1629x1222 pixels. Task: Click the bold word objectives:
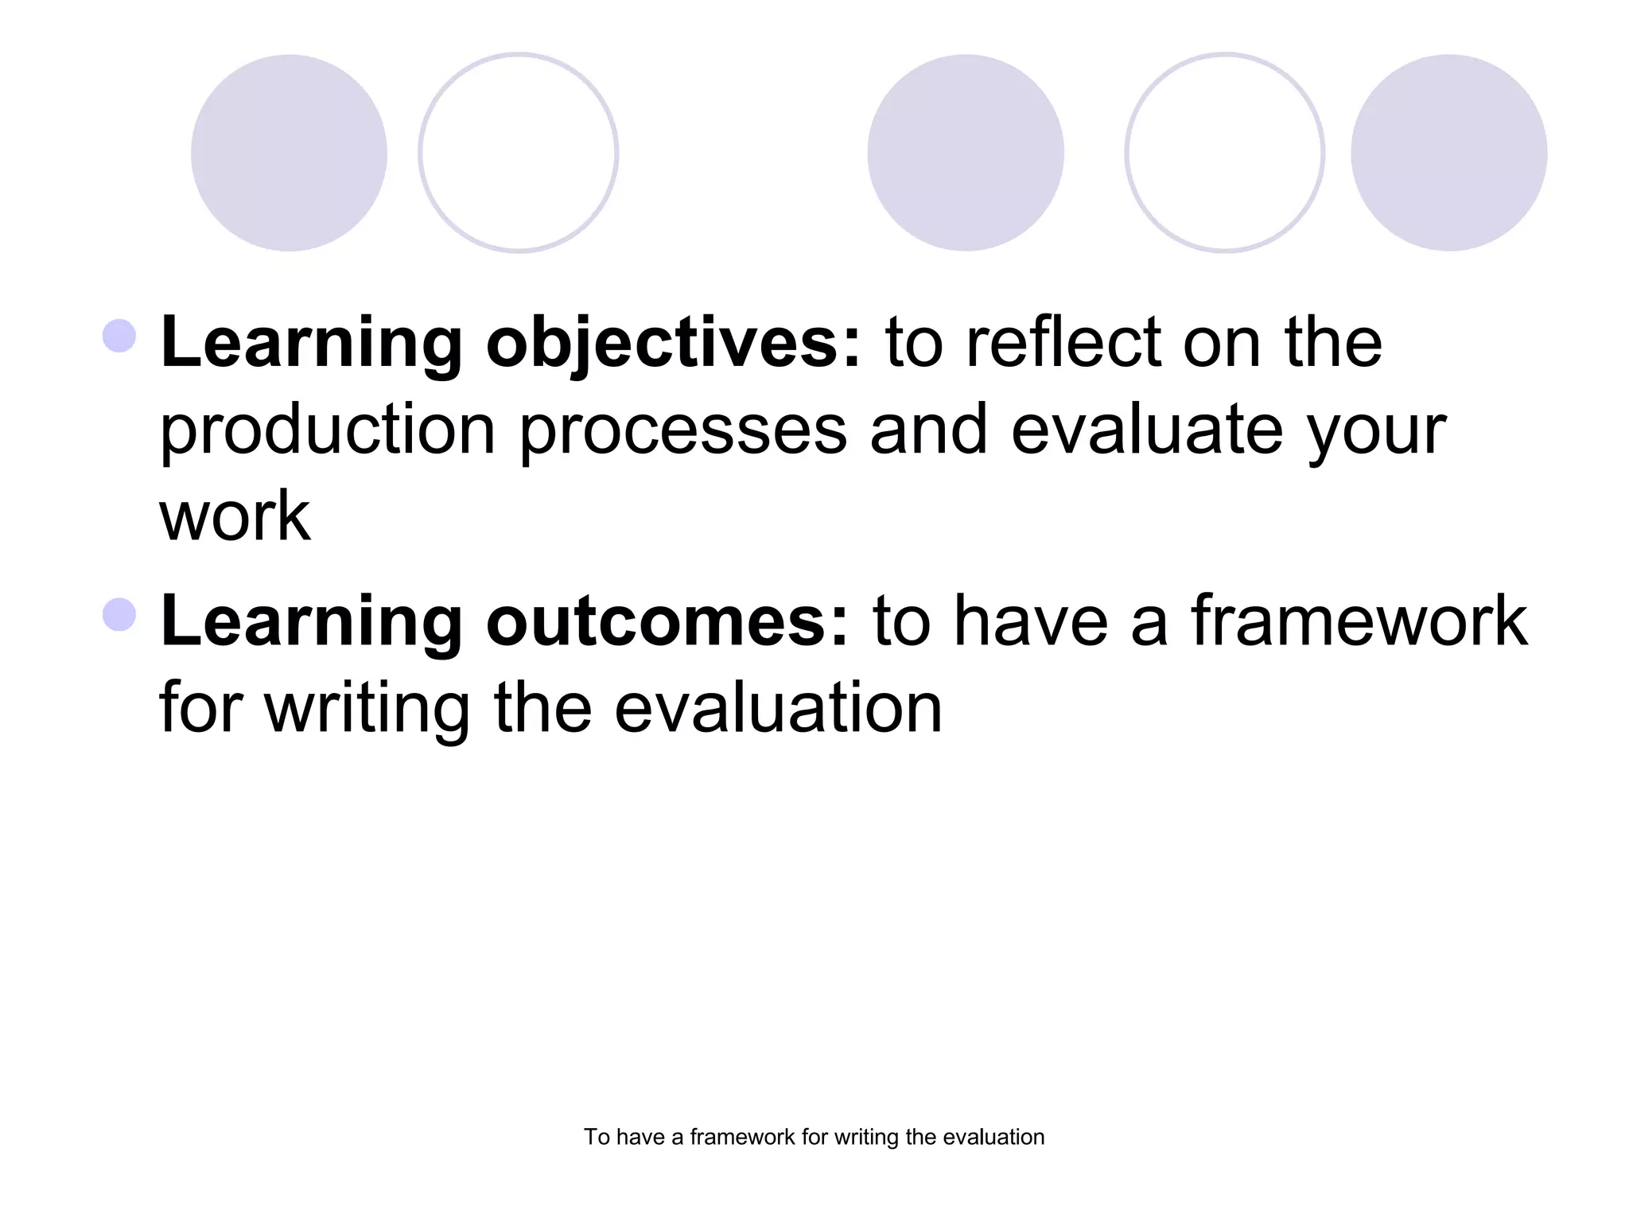673,344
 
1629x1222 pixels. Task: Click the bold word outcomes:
667,621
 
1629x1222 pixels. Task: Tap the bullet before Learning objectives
119,336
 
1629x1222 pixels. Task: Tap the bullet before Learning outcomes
119,614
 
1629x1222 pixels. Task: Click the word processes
683,431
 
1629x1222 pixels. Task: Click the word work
235,517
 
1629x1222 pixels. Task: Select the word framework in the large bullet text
1359,621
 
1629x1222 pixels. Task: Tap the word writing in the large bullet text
367,709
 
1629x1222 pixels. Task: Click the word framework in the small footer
742,1137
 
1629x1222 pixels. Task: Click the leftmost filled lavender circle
289,153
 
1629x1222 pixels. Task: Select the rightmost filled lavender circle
1448,153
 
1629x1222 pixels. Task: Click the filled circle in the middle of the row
965,153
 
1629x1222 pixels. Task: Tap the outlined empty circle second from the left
519,153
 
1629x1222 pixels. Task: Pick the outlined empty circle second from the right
1224,153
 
